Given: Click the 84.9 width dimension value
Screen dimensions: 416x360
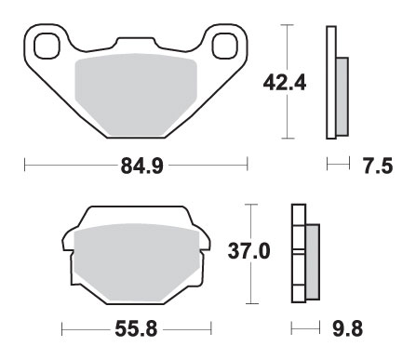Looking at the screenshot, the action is pos(141,166).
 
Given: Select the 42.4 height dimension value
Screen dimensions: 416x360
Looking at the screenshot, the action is pos(285,83).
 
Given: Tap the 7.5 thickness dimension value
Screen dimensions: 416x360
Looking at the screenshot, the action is pos(378,166).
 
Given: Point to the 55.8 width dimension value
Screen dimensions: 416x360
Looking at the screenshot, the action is pos(136,328).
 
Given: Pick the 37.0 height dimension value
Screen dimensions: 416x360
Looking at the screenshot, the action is pos(249,251).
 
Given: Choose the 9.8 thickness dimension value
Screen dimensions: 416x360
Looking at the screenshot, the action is pos(348,328).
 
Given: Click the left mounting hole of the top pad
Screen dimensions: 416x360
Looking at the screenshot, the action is pos(47,47).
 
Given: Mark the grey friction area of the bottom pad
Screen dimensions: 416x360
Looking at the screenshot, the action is pos(137,263).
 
